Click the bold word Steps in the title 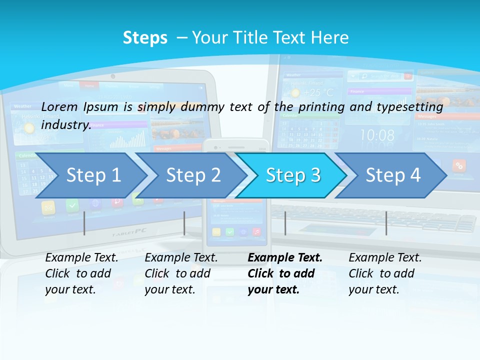tap(145, 38)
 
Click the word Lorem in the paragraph tap(59, 106)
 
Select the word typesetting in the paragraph tap(412, 107)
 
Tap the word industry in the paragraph tap(65, 124)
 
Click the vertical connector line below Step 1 tap(84, 223)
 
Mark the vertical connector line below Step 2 tap(184, 223)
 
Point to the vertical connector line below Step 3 tap(285, 223)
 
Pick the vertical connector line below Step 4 tap(386, 223)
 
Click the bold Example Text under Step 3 tap(285, 258)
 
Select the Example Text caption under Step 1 tap(81, 258)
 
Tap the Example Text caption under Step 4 tap(385, 258)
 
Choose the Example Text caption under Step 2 tap(181, 258)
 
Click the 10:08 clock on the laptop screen tap(377, 135)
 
